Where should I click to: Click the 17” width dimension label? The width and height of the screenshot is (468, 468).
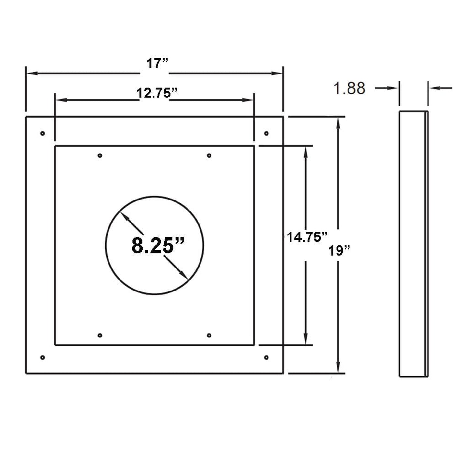pyautogui.click(x=157, y=63)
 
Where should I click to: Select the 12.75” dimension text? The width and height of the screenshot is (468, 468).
pyautogui.click(x=157, y=93)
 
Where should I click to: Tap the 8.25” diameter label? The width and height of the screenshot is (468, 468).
pyautogui.click(x=158, y=245)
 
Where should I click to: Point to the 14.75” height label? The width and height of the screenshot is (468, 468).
pyautogui.click(x=307, y=237)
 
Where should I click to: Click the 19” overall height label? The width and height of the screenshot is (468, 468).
pyautogui.click(x=339, y=250)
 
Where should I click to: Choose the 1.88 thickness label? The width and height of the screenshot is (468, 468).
pyautogui.click(x=349, y=88)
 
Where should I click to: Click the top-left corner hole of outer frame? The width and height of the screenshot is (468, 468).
pyautogui.click(x=42, y=133)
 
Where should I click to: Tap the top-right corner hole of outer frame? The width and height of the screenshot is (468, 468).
pyautogui.click(x=266, y=133)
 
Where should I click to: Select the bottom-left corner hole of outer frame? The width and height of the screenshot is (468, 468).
pyautogui.click(x=42, y=357)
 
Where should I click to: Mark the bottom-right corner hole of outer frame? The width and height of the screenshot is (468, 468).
pyautogui.click(x=266, y=357)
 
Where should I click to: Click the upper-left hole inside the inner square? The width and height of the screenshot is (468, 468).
pyautogui.click(x=100, y=155)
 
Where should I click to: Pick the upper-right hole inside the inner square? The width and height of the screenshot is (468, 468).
pyautogui.click(x=209, y=155)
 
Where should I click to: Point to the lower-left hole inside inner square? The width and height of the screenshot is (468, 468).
pyautogui.click(x=100, y=335)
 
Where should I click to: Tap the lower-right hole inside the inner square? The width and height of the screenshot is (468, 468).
pyautogui.click(x=209, y=335)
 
